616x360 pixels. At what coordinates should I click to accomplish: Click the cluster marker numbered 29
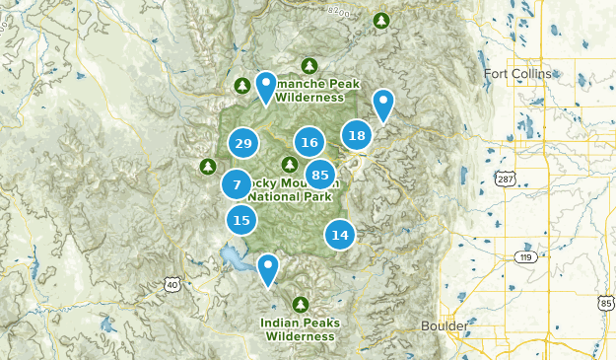pos(242,144)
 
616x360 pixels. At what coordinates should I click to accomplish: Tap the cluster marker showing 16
pos(309,143)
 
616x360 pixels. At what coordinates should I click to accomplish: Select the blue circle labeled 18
pos(357,136)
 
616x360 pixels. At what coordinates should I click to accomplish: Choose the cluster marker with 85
pos(319,176)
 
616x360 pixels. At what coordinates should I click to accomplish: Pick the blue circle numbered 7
pos(237,184)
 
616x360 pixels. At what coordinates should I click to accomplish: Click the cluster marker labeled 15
pos(240,220)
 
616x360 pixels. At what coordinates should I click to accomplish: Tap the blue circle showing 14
pos(340,235)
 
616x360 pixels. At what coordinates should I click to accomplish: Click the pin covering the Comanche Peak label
pos(265,87)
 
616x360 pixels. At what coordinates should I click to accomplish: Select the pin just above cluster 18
pos(383,103)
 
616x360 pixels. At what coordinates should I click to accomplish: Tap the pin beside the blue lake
pos(267,268)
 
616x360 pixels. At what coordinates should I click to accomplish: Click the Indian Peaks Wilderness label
pos(300,328)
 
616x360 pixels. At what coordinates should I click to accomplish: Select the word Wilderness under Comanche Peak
pos(309,97)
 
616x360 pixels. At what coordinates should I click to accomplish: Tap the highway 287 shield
pos(506,180)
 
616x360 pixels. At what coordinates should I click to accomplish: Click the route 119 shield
pos(523,257)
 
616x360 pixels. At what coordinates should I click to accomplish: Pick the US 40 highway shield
pos(172,284)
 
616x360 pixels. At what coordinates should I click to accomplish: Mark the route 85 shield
pos(604,306)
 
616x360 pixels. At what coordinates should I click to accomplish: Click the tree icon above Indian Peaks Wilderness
pos(301,303)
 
